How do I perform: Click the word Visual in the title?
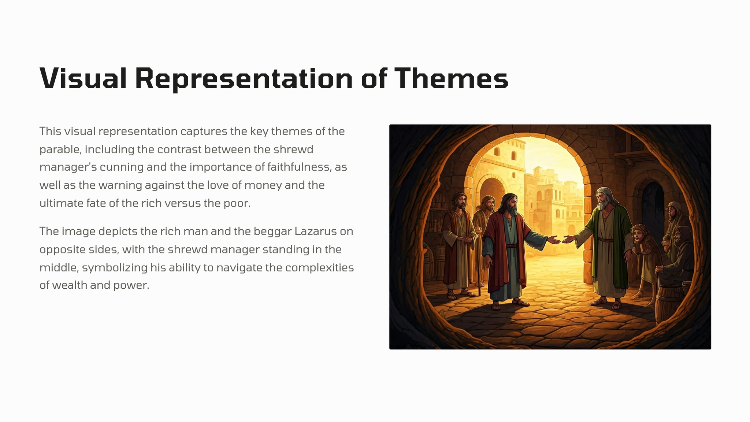83,78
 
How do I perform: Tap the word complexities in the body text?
319,268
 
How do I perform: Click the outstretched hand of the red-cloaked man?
553,240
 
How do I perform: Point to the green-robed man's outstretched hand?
569,239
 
